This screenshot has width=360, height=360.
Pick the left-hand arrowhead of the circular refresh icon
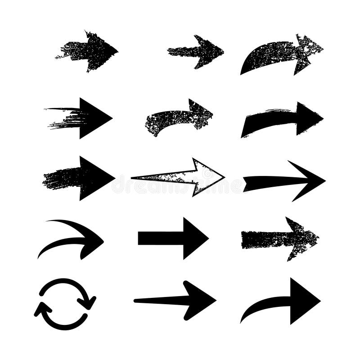tap(42, 309)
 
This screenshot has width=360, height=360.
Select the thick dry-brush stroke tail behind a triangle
tap(61, 178)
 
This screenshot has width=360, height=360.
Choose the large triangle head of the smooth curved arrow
tap(303, 301)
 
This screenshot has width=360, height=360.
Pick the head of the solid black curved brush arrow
tap(307, 118)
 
